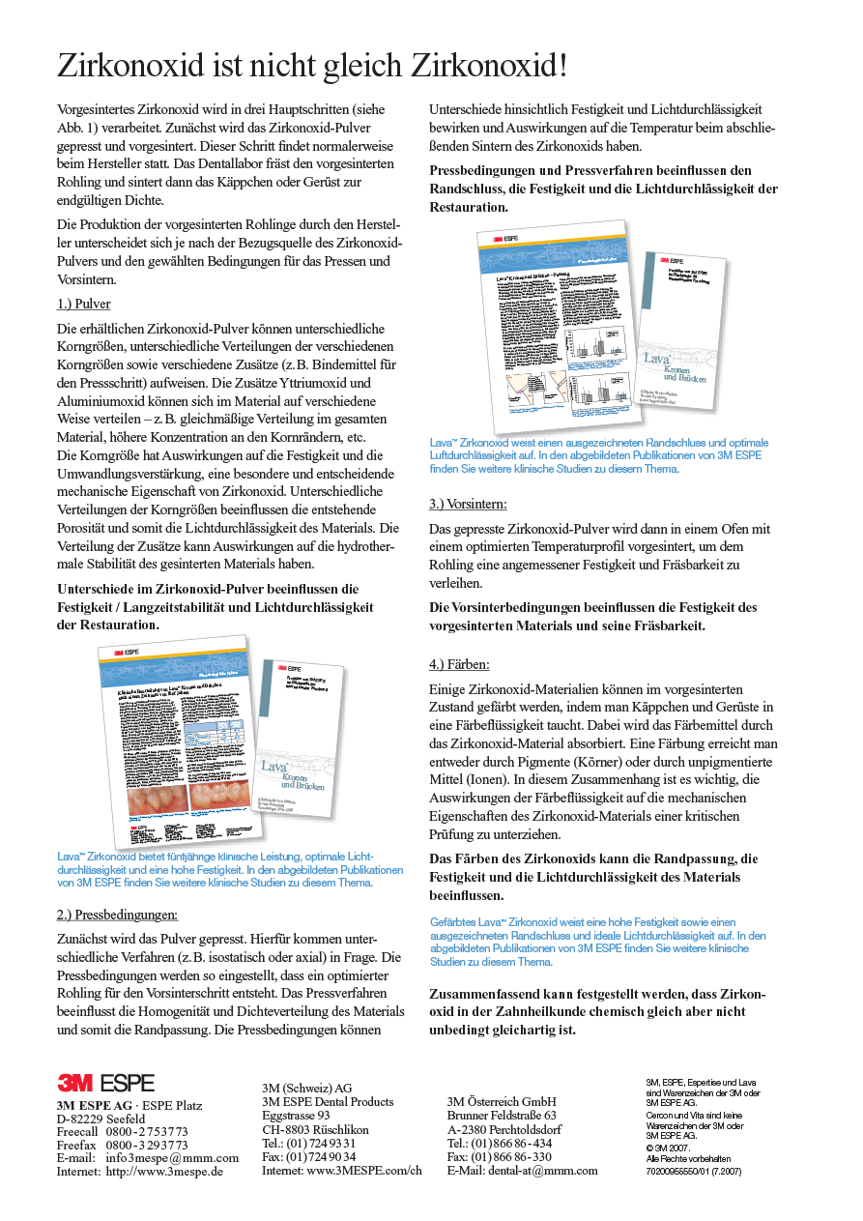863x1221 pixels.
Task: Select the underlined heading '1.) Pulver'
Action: [84, 304]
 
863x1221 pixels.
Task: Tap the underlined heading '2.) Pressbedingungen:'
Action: [117, 915]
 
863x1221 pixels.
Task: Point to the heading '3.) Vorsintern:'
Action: [468, 504]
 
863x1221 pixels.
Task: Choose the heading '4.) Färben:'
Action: [459, 664]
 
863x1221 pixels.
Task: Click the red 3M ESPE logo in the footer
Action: [105, 1084]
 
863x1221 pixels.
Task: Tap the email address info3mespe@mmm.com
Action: [172, 1158]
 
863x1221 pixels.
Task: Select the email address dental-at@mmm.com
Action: [545, 1170]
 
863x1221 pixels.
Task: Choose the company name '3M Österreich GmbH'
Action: [502, 1102]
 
